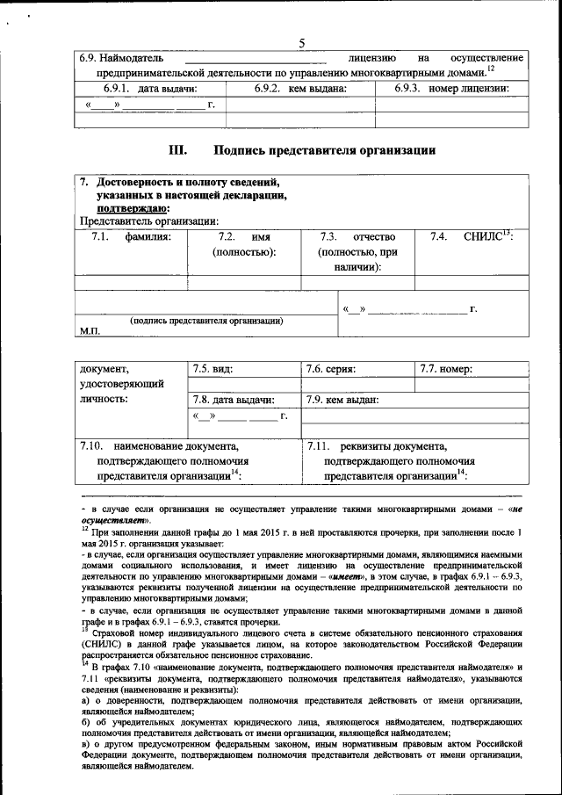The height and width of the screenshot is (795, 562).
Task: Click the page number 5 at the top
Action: (x=301, y=43)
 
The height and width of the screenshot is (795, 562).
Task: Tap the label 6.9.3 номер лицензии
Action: (x=451, y=89)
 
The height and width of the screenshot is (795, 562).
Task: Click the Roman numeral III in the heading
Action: (x=178, y=149)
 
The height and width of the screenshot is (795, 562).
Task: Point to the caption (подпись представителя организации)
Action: (x=206, y=321)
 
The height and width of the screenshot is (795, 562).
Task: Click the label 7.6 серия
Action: (x=330, y=369)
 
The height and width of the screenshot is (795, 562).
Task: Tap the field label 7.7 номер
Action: (x=446, y=369)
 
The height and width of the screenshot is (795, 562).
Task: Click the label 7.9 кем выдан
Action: (x=342, y=400)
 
